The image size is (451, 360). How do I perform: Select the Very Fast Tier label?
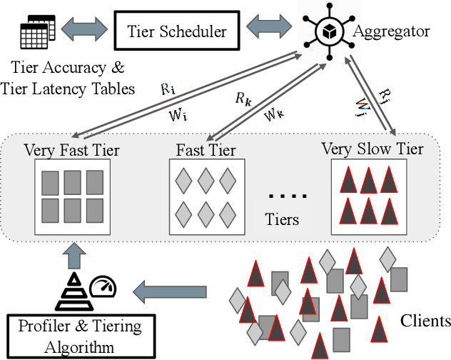(x=71, y=150)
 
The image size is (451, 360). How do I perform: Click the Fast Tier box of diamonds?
(x=206, y=195)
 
